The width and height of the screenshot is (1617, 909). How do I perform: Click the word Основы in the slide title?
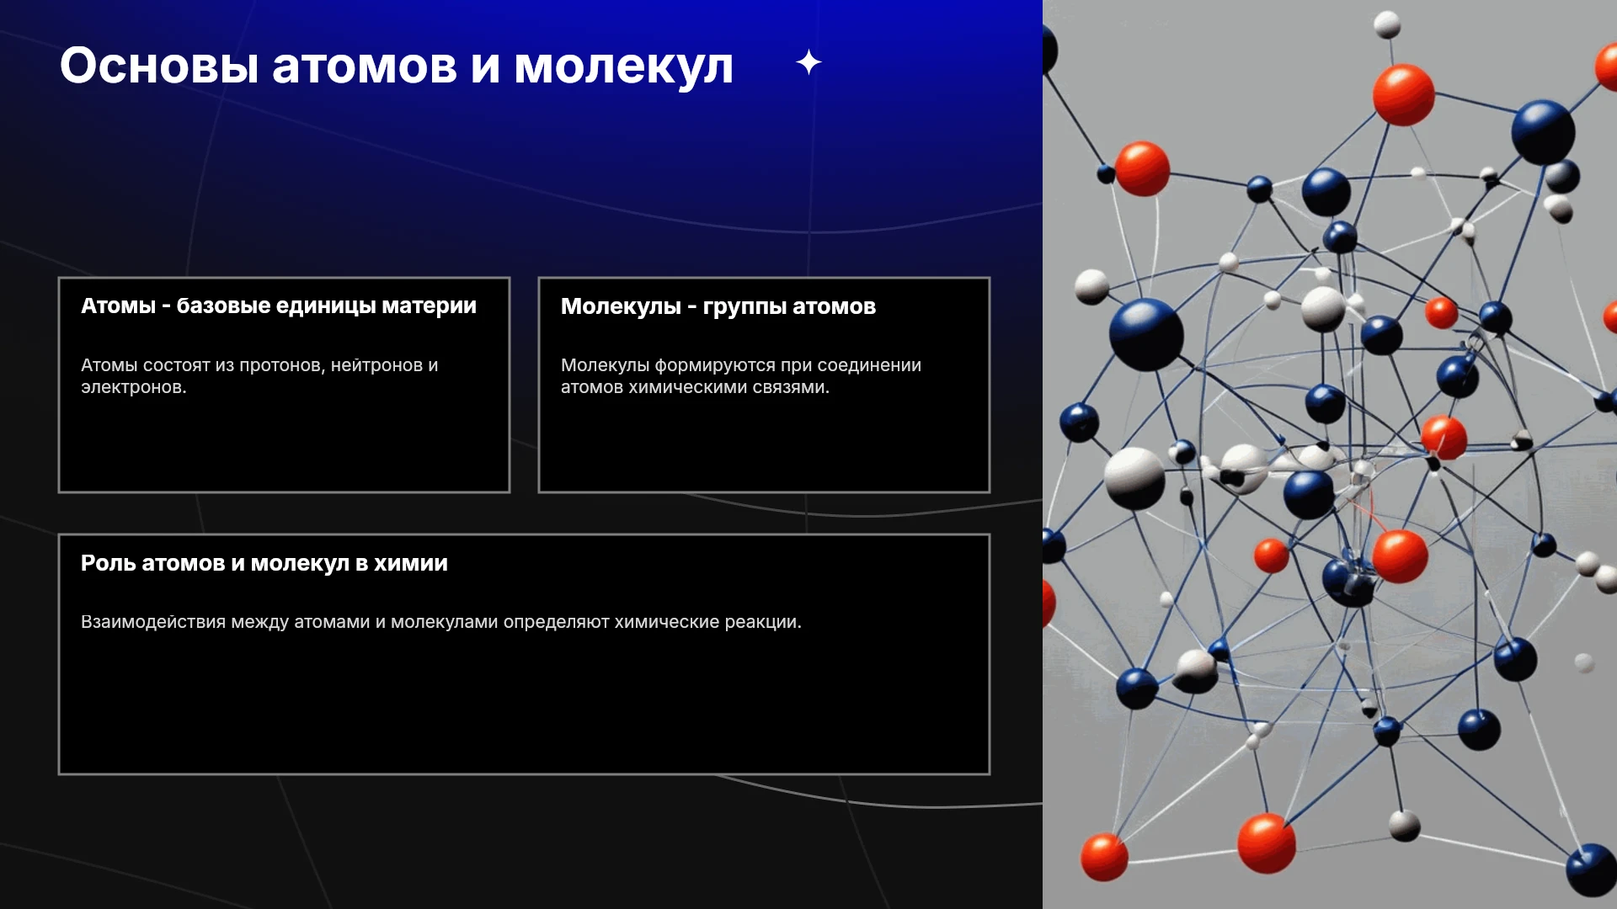[159, 66]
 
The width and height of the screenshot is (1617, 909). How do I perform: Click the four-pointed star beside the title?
[808, 62]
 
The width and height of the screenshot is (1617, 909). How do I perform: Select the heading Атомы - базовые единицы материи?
[279, 306]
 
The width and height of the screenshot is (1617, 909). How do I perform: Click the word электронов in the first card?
[134, 388]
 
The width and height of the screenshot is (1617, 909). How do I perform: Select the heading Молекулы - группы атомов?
[718, 307]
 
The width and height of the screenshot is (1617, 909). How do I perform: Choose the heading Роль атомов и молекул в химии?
[264, 563]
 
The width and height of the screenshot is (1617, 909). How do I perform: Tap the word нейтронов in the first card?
[376, 366]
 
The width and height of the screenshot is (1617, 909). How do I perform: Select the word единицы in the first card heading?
[326, 306]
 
